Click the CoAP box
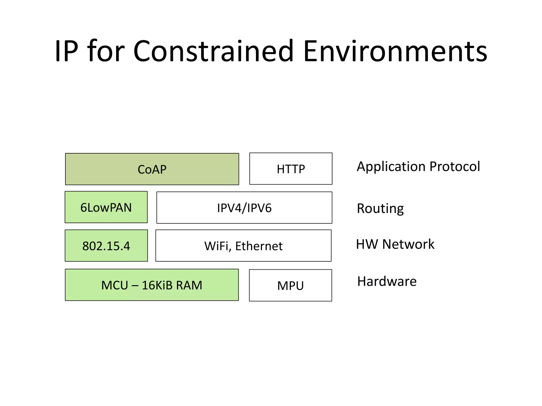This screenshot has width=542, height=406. (x=152, y=169)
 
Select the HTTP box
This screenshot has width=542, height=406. (x=291, y=169)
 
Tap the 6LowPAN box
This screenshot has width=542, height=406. (x=106, y=207)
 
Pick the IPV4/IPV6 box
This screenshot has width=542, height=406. (x=244, y=208)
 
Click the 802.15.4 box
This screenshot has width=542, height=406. (x=106, y=246)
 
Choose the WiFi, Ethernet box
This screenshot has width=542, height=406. (x=243, y=246)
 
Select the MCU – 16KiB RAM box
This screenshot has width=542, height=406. (x=152, y=285)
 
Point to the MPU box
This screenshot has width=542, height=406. (x=290, y=285)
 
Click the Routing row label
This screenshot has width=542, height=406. (x=380, y=209)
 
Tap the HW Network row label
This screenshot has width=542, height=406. (x=395, y=244)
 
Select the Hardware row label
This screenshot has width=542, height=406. (x=387, y=281)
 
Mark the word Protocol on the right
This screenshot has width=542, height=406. (x=455, y=167)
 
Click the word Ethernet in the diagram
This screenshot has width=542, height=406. (x=259, y=246)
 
